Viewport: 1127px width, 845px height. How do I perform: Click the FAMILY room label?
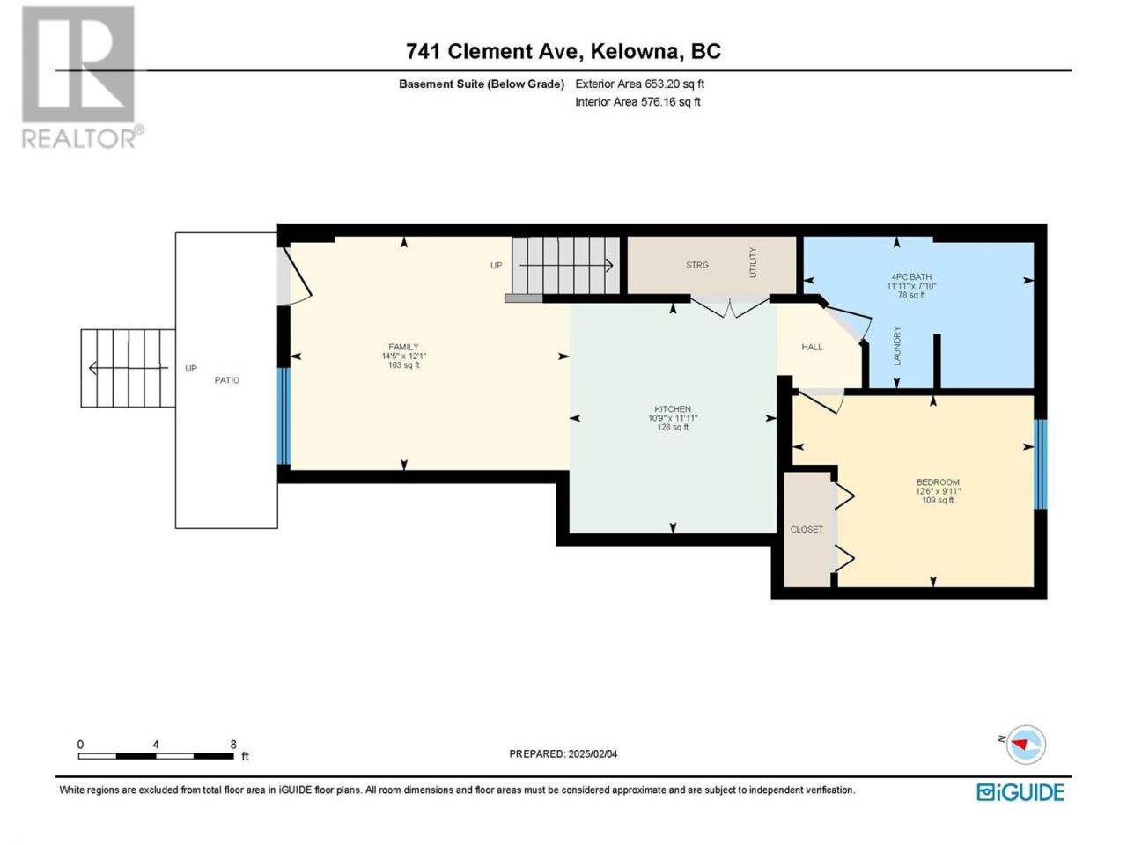tap(403, 347)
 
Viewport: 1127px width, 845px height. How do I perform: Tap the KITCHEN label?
tap(672, 409)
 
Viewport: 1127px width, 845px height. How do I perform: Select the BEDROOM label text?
tap(938, 481)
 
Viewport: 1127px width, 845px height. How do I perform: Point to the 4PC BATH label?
tap(911, 276)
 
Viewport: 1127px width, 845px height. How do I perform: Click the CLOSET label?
tap(807, 529)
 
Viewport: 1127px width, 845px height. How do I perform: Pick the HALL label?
tap(812, 347)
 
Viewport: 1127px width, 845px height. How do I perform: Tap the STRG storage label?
tap(696, 265)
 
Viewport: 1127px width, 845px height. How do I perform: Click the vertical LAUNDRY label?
tap(897, 346)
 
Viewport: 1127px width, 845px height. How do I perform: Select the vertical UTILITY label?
tap(753, 262)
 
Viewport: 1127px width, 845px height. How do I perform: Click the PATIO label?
tap(226, 380)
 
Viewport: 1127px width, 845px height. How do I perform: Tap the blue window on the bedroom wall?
tap(1040, 465)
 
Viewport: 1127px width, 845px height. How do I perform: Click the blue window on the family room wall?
tap(284, 416)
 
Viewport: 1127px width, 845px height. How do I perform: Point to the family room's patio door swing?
tap(295, 277)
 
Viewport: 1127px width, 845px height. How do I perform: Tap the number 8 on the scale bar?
tap(233, 744)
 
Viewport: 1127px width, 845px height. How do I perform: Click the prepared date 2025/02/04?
tap(592, 753)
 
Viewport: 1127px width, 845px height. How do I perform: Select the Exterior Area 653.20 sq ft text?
tap(639, 84)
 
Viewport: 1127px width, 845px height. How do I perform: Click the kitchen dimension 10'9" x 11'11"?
tap(672, 418)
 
